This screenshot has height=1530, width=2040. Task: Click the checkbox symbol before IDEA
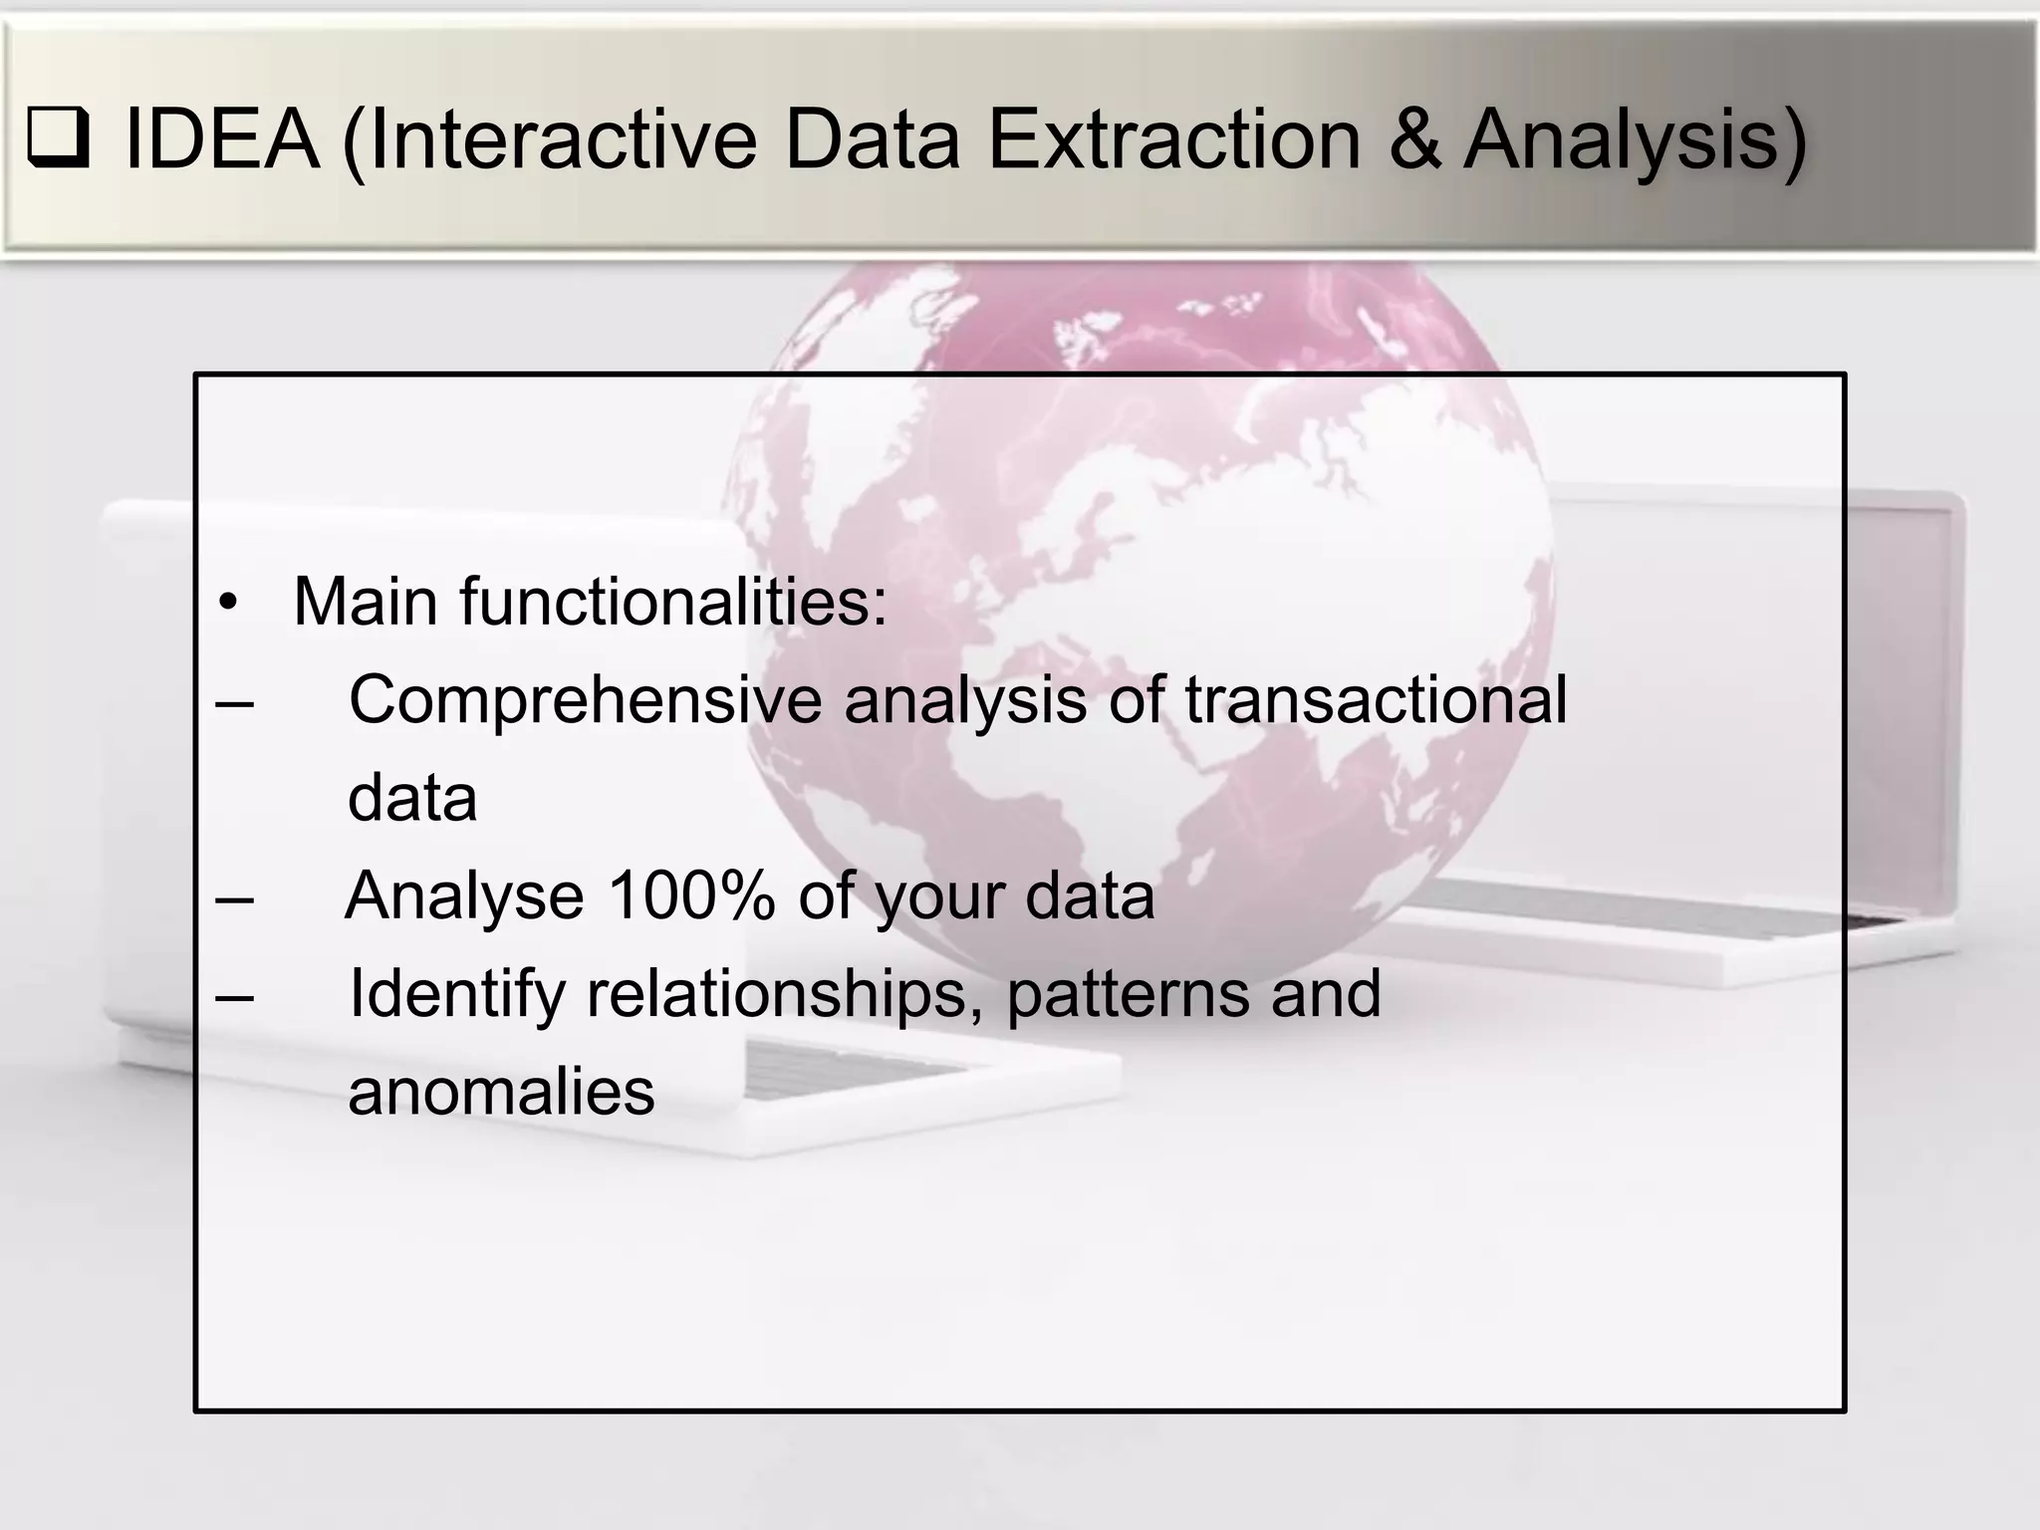59,140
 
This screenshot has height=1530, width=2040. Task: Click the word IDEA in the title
221,139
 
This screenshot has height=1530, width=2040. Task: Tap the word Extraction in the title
1172,139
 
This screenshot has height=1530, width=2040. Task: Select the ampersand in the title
1413,139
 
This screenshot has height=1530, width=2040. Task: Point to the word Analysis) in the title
1635,141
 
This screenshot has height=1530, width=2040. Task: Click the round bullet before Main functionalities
229,604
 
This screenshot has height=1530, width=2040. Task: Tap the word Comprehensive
585,699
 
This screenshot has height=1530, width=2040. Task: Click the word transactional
1376,699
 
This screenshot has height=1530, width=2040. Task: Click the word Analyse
464,895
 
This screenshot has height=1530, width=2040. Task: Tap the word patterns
1127,994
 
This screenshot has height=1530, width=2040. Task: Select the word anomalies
501,1092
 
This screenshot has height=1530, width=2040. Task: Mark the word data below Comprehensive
412,798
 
